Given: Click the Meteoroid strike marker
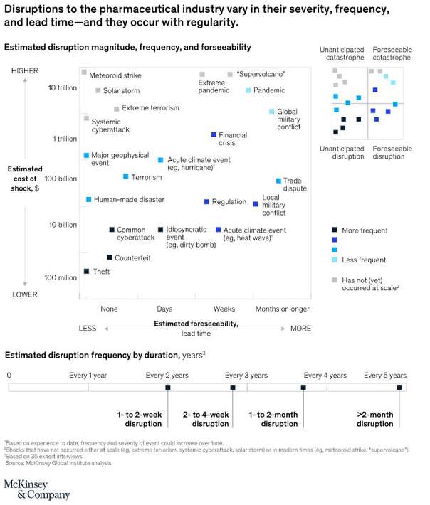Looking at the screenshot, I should (x=84, y=73).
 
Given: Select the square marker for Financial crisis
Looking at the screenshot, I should (x=214, y=134).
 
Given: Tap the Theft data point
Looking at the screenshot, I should (x=86, y=271).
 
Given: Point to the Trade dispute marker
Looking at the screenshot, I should (x=278, y=181).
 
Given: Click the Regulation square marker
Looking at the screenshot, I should (x=207, y=202).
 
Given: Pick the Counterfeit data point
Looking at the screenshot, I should (x=110, y=257).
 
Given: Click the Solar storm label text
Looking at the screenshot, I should (x=121, y=91).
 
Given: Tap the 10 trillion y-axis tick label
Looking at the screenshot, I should (x=63, y=87).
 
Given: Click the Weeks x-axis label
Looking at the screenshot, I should (x=225, y=309).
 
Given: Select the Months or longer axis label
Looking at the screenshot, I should (x=283, y=309).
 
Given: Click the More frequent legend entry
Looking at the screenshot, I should (x=364, y=230).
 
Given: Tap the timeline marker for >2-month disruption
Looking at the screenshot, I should (x=399, y=388).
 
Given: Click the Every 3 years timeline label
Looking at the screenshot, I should (x=246, y=375).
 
